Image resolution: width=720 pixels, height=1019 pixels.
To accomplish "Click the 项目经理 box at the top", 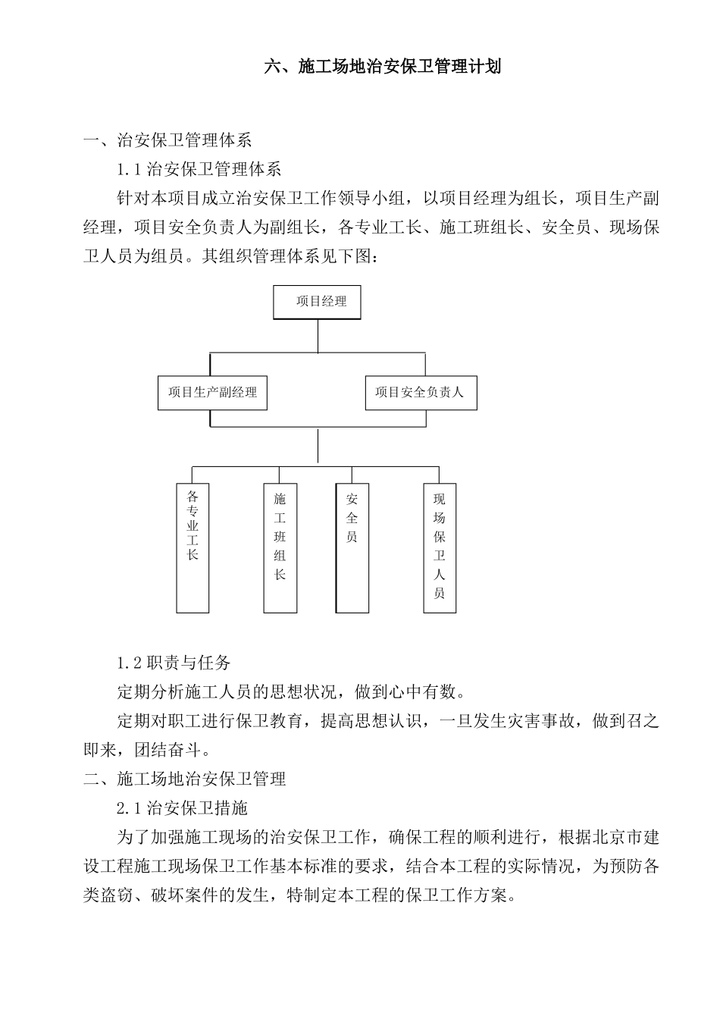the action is tap(316, 302).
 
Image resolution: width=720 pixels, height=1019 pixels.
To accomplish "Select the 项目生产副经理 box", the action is tap(212, 393).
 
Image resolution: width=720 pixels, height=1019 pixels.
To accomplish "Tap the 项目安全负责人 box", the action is tap(421, 393).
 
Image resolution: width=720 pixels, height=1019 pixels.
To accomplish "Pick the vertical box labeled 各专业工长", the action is tap(193, 547).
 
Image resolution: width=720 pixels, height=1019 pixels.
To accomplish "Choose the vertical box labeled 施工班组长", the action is tap(280, 547).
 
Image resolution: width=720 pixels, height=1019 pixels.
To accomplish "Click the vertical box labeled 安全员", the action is tap(352, 547).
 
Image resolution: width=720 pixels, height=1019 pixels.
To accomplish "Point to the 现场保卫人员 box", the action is tap(440, 547).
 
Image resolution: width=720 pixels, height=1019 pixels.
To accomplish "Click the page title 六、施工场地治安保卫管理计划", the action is tap(382, 67).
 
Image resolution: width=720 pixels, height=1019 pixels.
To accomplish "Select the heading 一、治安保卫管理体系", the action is tap(167, 140).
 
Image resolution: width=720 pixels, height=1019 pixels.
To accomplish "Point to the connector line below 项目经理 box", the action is tap(317, 335).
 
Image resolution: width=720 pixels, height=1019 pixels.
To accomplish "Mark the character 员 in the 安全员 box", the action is tap(352, 538).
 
